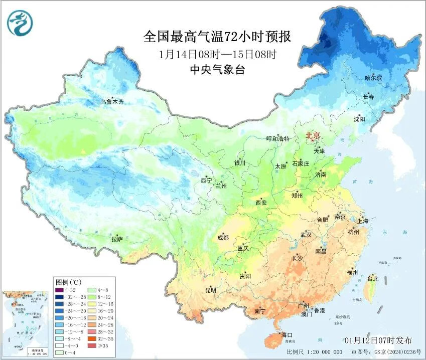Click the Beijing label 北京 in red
tap(314, 135)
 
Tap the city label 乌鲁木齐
tap(111, 102)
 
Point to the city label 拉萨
tap(117, 240)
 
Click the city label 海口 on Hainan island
tap(287, 334)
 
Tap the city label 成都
tap(223, 238)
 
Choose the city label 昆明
tap(210, 290)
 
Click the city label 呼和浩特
tap(277, 138)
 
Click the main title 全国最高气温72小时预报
tap(217, 37)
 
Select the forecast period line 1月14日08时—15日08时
tap(217, 54)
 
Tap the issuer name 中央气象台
tap(217, 70)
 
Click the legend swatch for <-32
tap(59, 290)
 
